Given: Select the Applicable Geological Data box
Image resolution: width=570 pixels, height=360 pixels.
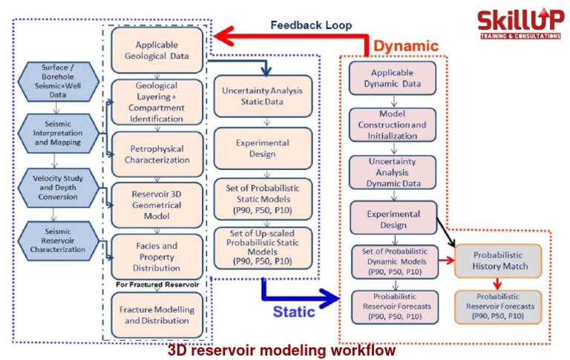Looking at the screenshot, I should coord(157,50).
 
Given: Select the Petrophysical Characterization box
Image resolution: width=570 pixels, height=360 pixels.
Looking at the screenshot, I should coord(157,154).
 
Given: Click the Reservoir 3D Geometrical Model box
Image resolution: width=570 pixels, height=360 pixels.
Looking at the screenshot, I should coord(157,204).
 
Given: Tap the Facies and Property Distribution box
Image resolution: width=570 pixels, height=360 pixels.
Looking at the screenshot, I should coord(157,256).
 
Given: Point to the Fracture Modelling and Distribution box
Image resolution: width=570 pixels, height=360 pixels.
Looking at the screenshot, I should coord(157,315).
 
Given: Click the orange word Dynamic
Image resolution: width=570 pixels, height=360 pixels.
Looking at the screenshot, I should coord(406,45).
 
